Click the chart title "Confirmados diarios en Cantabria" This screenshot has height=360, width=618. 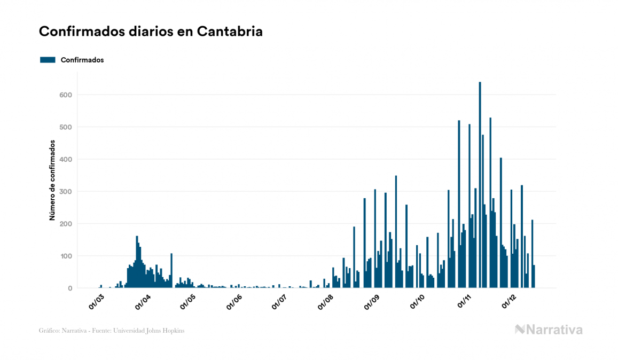(151, 32)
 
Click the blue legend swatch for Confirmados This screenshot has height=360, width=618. (48, 60)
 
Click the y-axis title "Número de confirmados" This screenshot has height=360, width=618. (52, 181)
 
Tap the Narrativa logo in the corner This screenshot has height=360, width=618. (549, 330)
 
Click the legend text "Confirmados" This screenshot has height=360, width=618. (82, 60)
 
